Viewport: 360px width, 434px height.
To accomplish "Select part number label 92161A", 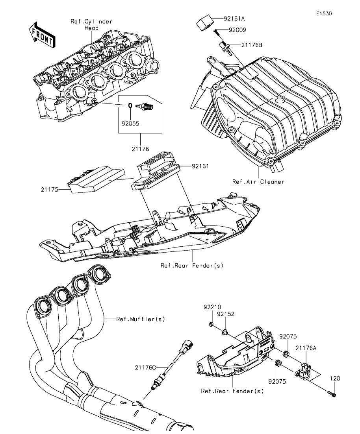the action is [x=234, y=19].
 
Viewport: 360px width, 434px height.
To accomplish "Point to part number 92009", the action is [x=237, y=30].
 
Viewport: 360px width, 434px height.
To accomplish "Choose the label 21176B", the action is [x=251, y=44].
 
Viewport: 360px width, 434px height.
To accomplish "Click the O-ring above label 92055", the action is [x=130, y=105].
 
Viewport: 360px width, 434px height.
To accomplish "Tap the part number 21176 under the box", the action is [x=140, y=149].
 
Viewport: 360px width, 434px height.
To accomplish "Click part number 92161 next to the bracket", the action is [x=200, y=166].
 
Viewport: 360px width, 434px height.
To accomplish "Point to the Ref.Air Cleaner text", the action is [x=258, y=182].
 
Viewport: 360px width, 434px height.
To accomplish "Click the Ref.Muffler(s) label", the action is [x=141, y=319].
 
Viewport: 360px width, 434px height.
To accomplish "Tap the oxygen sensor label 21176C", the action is [x=145, y=368].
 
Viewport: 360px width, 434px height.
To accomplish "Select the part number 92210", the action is [x=212, y=307].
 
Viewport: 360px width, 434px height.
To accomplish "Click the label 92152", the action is [x=226, y=314].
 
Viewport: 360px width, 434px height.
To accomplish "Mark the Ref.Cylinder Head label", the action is [x=91, y=25].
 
